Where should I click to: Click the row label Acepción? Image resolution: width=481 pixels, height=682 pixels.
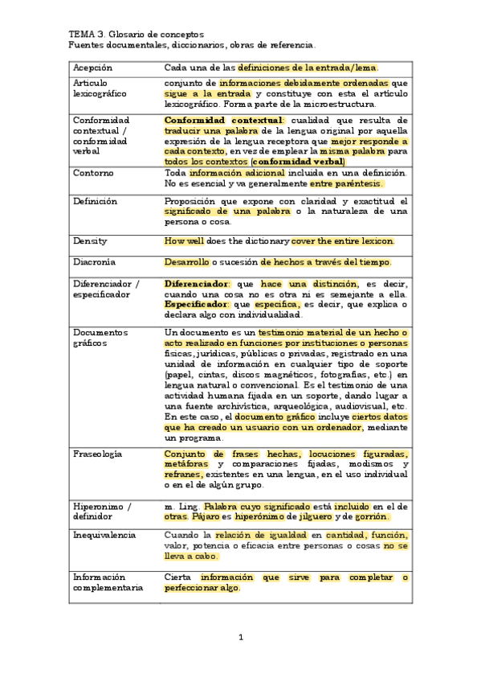93,68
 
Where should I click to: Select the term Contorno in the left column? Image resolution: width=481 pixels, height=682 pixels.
93,173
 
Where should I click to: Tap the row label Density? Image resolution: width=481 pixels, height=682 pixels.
90,241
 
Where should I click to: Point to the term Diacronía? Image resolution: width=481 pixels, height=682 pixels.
94,262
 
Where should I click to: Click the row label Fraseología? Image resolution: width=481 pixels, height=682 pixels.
97,454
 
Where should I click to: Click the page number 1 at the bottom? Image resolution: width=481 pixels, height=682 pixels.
240,638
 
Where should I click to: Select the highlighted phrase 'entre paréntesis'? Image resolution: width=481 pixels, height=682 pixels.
346,184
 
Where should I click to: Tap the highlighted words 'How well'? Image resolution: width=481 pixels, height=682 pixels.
184,241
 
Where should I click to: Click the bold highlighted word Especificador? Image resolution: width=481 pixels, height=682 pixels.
196,306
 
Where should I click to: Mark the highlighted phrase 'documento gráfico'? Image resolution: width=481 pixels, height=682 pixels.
270,418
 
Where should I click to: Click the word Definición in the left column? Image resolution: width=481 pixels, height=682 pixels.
95,201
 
